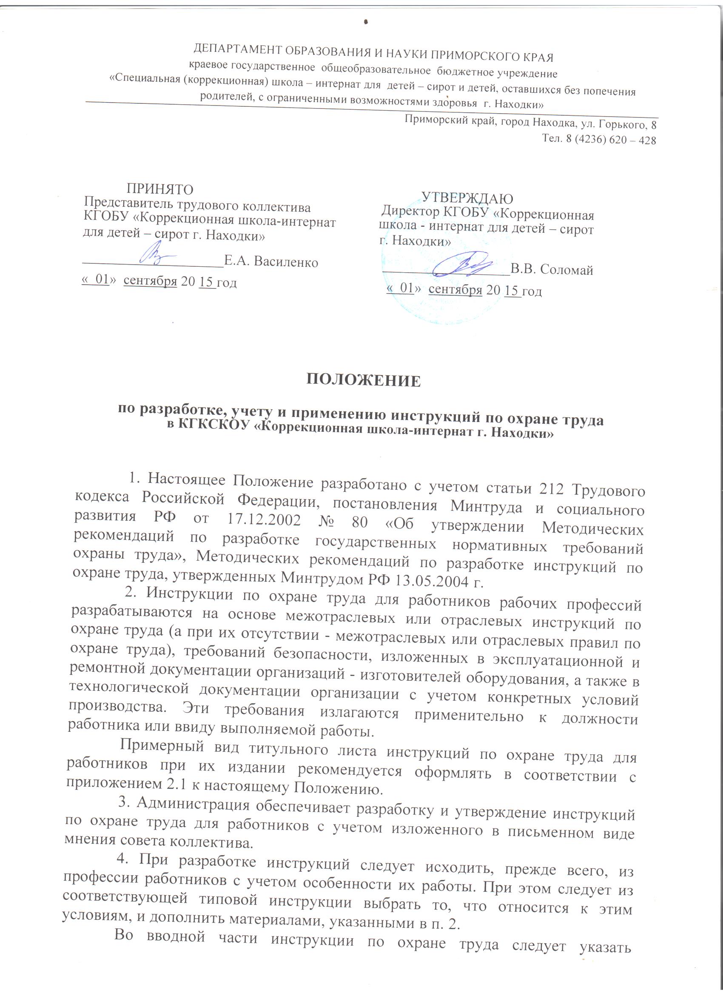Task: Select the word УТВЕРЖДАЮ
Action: point(467,198)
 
